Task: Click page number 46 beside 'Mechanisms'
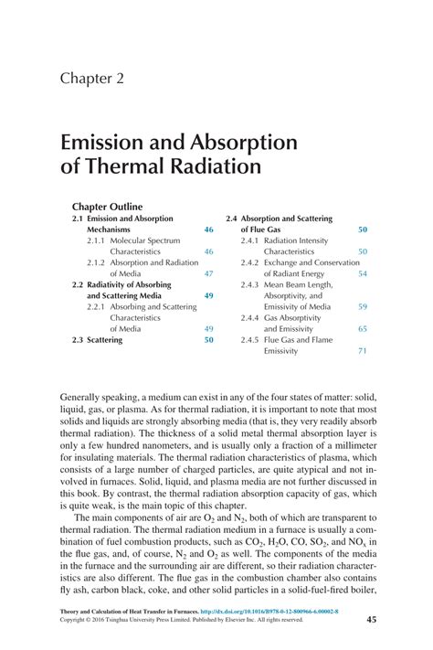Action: [x=208, y=230]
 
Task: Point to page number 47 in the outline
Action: [x=208, y=273]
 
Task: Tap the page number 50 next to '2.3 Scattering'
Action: [x=208, y=339]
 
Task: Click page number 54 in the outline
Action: [x=363, y=273]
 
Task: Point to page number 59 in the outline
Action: [x=363, y=306]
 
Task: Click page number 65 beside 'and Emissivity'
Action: [x=363, y=328]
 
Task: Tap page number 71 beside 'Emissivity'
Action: [x=363, y=350]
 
